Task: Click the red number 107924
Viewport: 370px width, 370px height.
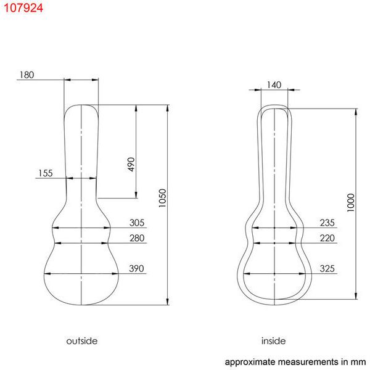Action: click(23, 8)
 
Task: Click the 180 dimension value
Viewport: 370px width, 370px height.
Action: click(27, 75)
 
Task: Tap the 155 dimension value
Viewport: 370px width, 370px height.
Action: click(45, 173)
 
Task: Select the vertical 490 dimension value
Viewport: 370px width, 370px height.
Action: click(131, 164)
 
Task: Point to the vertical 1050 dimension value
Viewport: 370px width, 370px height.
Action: click(162, 198)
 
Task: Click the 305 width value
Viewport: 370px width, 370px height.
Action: click(137, 223)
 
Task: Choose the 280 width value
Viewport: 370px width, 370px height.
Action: click(137, 238)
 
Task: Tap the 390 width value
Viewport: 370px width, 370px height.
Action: click(136, 268)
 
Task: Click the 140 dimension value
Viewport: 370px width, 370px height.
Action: click(274, 85)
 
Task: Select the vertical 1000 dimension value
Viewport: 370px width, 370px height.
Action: click(351, 202)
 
